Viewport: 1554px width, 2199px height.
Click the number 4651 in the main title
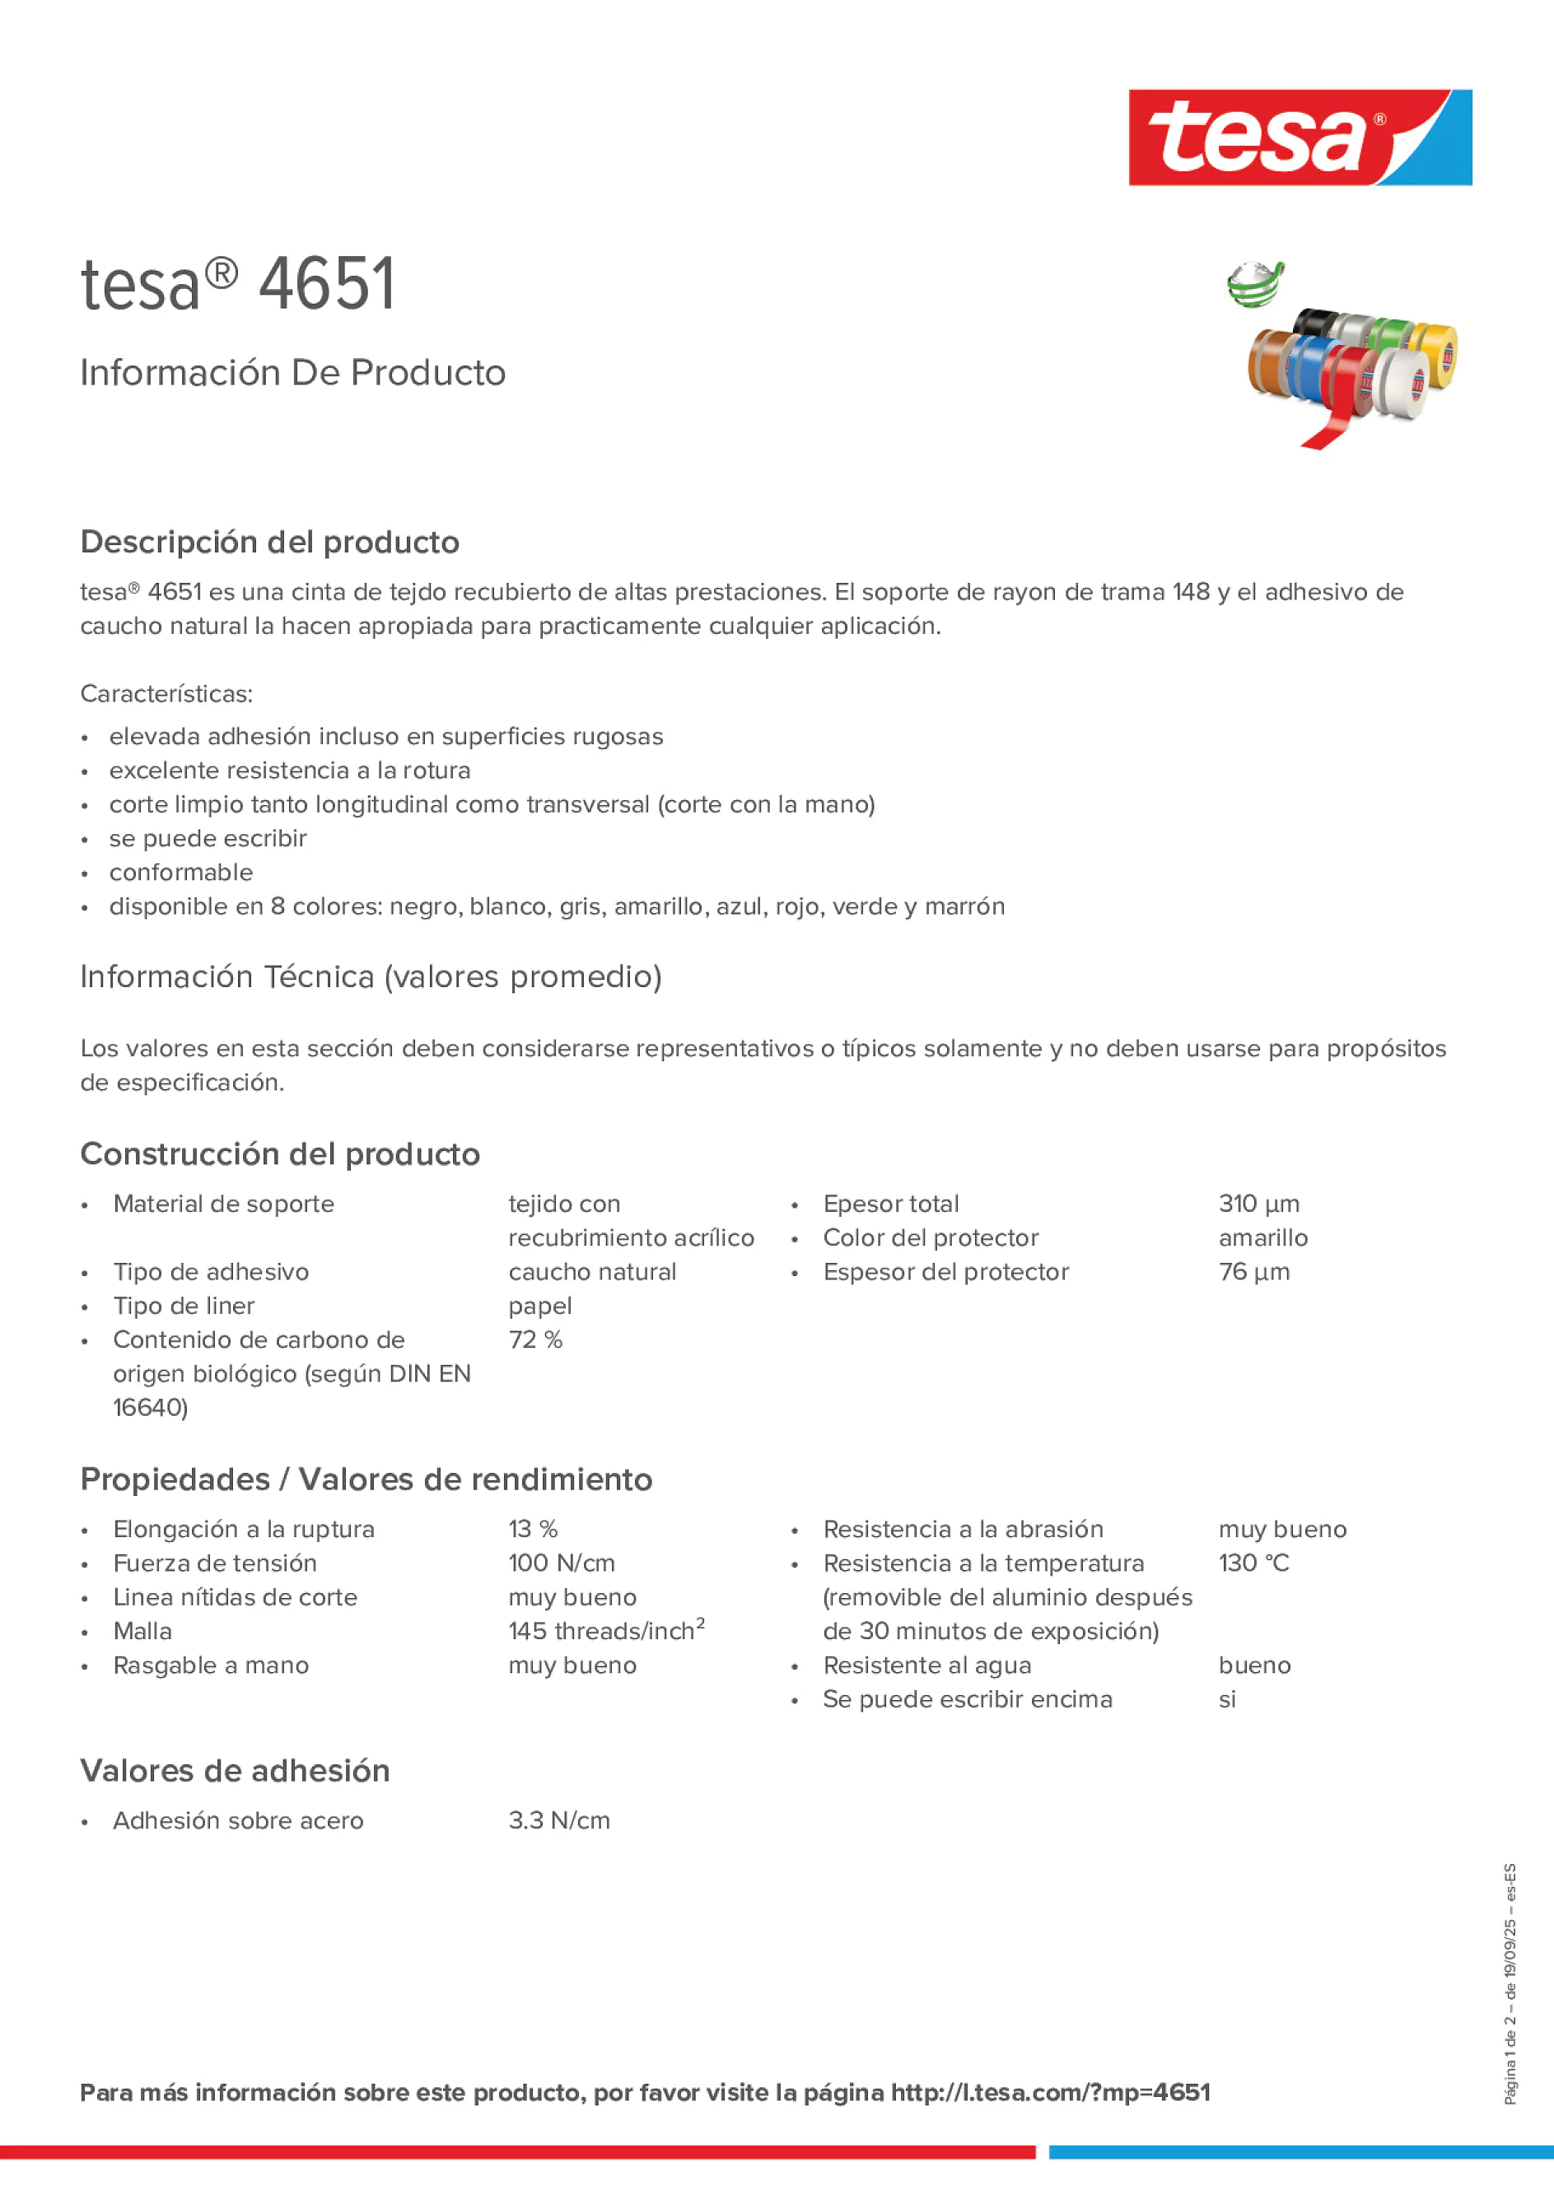(x=327, y=285)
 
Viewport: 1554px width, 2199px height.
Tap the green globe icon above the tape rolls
(x=1254, y=285)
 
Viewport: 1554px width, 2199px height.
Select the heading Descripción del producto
(x=269, y=542)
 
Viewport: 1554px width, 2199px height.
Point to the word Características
(x=166, y=693)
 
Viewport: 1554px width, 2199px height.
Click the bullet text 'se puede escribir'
(x=208, y=838)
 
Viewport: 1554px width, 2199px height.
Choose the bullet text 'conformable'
(x=181, y=873)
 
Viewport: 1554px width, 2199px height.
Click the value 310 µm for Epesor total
(x=1258, y=1204)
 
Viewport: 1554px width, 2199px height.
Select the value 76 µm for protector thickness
(x=1253, y=1272)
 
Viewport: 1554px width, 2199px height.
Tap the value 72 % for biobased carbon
(x=534, y=1339)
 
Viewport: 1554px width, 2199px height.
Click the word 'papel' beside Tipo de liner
(x=539, y=1307)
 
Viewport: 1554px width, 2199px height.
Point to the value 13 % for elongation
(x=533, y=1530)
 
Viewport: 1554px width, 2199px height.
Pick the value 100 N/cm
(x=562, y=1563)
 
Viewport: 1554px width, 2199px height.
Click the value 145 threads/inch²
(x=605, y=1631)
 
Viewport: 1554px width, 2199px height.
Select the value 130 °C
(x=1253, y=1563)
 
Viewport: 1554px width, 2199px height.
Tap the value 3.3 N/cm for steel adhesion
(x=558, y=1820)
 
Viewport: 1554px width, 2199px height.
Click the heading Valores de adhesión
(x=235, y=1771)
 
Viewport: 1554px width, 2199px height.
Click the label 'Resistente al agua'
(x=926, y=1666)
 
